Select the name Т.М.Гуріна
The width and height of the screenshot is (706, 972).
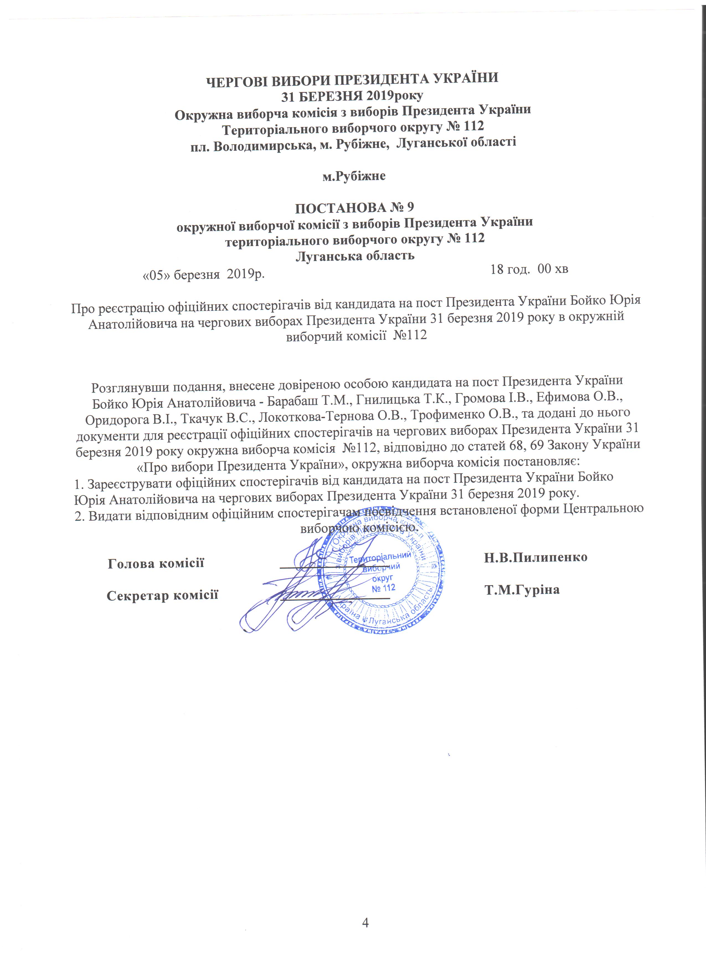[522, 590]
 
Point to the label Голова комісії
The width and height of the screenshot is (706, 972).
[156, 563]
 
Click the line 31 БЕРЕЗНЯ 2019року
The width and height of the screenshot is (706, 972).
[352, 96]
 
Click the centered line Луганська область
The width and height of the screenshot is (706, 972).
[355, 256]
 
